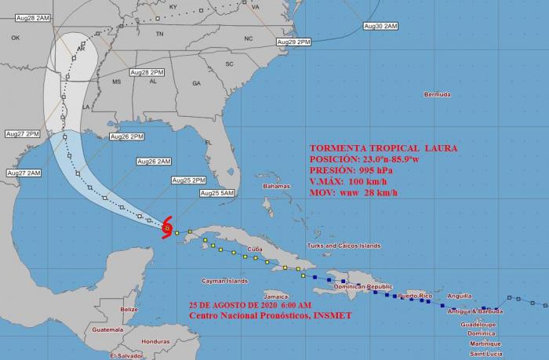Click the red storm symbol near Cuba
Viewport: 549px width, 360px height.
pyautogui.click(x=167, y=229)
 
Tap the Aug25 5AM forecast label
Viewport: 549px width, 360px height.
pyautogui.click(x=217, y=193)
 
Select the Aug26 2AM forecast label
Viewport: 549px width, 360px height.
pyautogui.click(x=154, y=162)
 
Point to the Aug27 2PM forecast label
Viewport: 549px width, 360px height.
pyautogui.click(x=22, y=133)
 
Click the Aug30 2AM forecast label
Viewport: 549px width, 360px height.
pyautogui.click(x=380, y=26)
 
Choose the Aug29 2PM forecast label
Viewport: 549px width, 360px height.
pyautogui.click(x=294, y=42)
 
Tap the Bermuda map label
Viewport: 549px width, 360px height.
pyautogui.click(x=437, y=94)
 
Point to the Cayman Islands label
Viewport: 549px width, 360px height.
pyautogui.click(x=224, y=280)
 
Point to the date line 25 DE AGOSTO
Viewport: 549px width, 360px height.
pyautogui.click(x=250, y=304)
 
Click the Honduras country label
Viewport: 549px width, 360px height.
pyautogui.click(x=156, y=341)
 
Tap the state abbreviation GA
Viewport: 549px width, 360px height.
pyautogui.click(x=196, y=82)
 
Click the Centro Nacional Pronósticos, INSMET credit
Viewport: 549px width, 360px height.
pyautogui.click(x=270, y=315)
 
